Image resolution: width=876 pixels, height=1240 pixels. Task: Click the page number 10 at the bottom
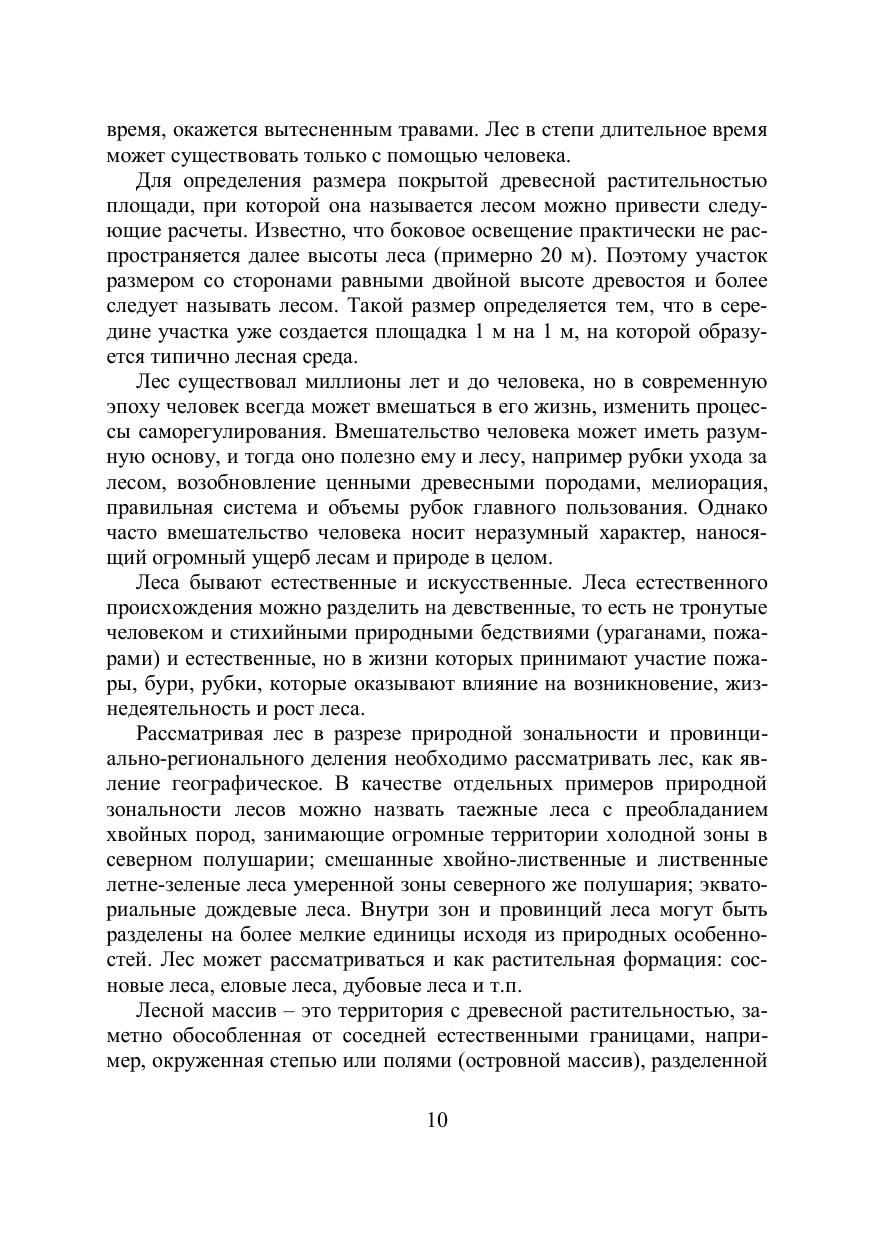click(437, 1120)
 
